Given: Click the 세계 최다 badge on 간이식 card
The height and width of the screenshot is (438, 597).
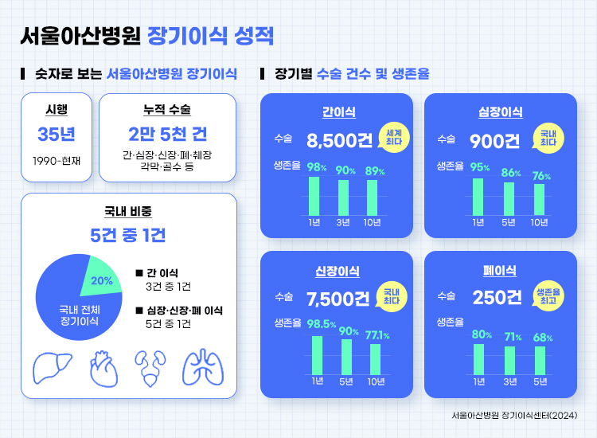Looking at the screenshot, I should click(392, 137).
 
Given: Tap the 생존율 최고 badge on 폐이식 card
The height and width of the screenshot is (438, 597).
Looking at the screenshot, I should click(548, 295).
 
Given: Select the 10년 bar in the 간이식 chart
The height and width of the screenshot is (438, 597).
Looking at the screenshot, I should click(373, 197).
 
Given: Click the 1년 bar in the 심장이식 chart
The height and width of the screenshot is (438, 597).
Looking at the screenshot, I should click(478, 196).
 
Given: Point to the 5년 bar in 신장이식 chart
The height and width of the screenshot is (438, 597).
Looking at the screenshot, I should click(346, 356).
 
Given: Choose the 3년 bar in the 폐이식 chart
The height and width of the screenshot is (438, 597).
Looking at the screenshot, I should click(509, 360).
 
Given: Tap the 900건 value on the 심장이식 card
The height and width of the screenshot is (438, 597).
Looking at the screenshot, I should click(494, 141).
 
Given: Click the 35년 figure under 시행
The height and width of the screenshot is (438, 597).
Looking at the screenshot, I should click(56, 133).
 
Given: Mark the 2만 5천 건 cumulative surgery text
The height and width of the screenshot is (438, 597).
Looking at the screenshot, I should click(167, 131).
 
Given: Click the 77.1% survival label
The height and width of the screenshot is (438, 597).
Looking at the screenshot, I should click(377, 335).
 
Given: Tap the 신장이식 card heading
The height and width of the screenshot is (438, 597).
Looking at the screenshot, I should click(336, 272).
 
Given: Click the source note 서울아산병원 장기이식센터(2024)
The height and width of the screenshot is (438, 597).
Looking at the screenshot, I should click(513, 415).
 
